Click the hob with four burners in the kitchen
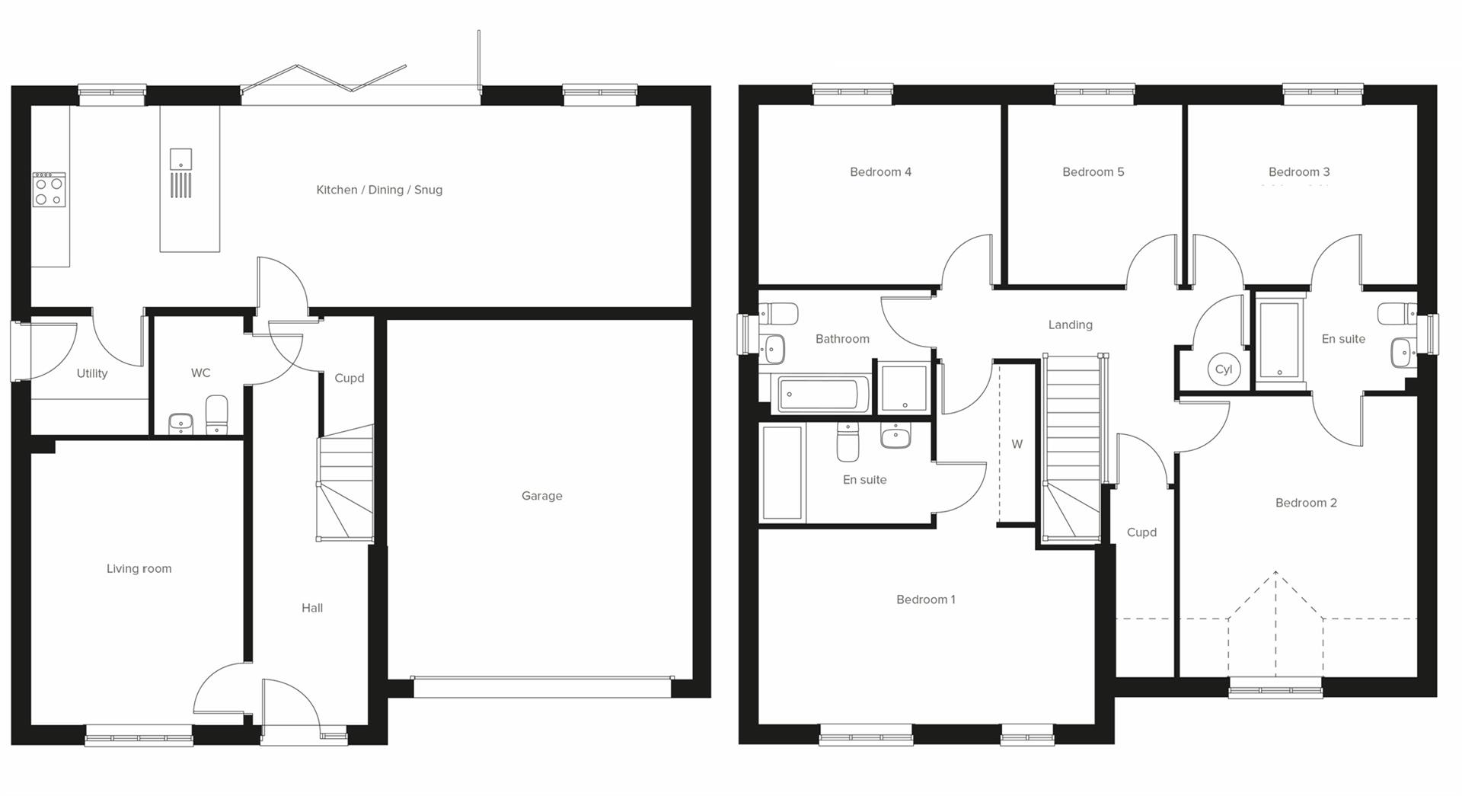pyautogui.click(x=49, y=189)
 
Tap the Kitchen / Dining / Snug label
pyautogui.click(x=379, y=190)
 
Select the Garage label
pyautogui.click(x=541, y=496)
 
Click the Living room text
pyautogui.click(x=139, y=568)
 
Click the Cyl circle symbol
pyautogui.click(x=1224, y=369)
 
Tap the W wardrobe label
pyautogui.click(x=1017, y=444)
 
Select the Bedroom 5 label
pyautogui.click(x=1093, y=172)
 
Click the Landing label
pyautogui.click(x=1070, y=324)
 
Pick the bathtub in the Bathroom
pyautogui.click(x=822, y=395)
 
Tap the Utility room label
pyautogui.click(x=92, y=373)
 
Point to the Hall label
pyautogui.click(x=311, y=608)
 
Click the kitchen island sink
pyautogui.click(x=180, y=159)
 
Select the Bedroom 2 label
pyautogui.click(x=1306, y=503)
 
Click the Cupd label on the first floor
pyautogui.click(x=1141, y=532)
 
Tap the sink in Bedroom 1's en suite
pyautogui.click(x=895, y=436)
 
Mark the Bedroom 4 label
pyautogui.click(x=880, y=172)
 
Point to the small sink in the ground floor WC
pyautogui.click(x=180, y=423)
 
